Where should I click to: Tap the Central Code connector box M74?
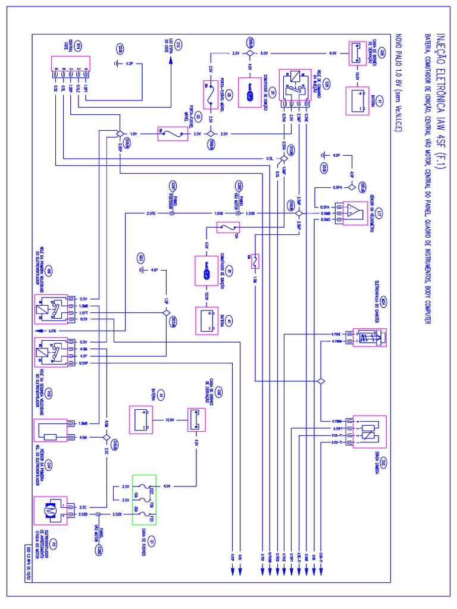70,72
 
